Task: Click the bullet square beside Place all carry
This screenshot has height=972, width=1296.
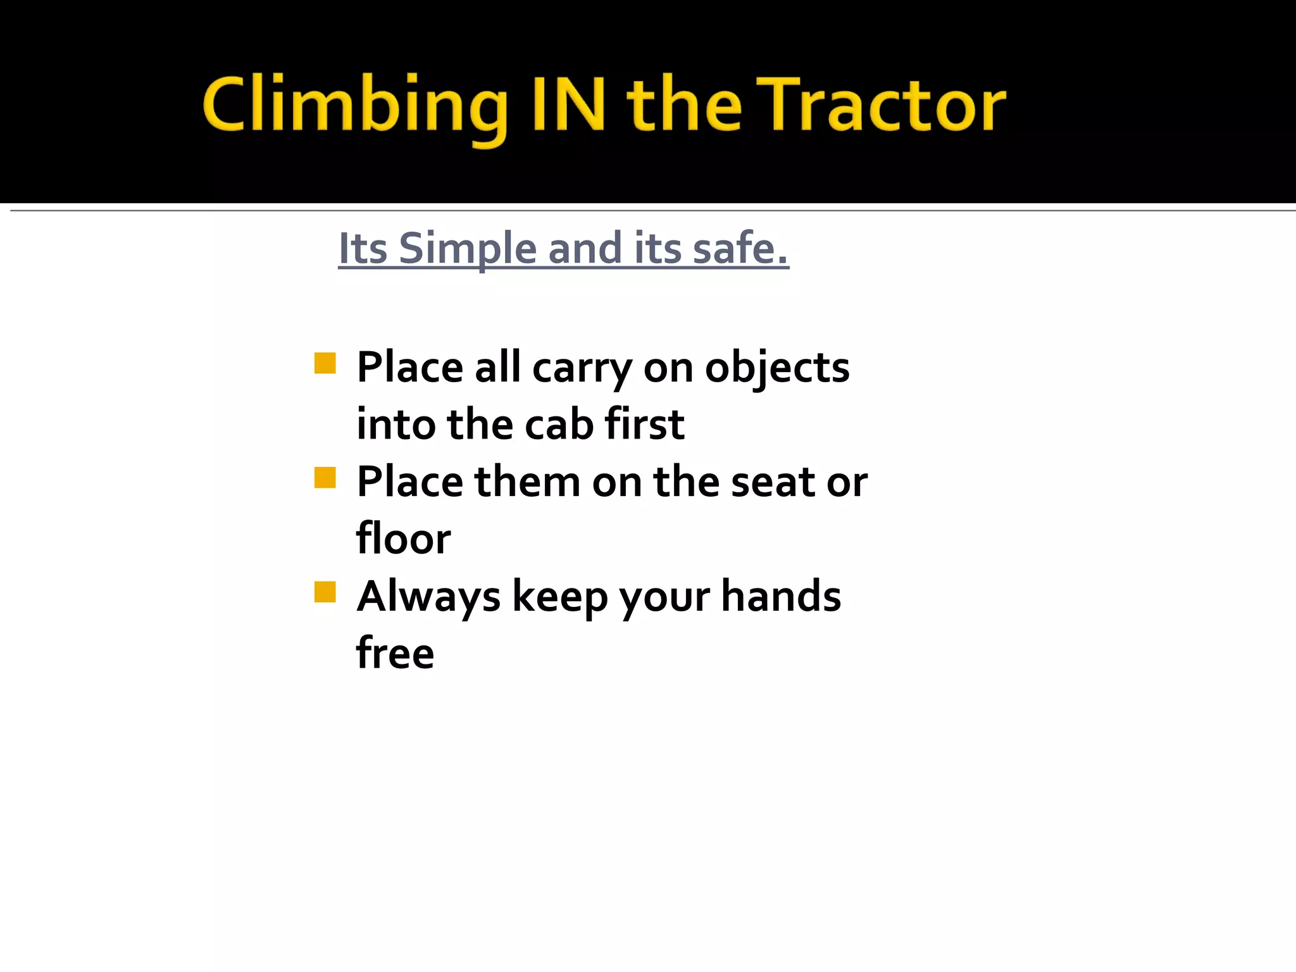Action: point(325,363)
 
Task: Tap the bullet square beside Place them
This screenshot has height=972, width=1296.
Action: point(325,478)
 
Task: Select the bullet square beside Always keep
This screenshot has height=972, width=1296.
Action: point(325,592)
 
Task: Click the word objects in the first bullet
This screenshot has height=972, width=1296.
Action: point(777,368)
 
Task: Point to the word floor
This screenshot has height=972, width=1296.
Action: point(404,539)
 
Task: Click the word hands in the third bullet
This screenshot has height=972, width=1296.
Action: point(781,596)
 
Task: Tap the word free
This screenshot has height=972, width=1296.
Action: point(396,653)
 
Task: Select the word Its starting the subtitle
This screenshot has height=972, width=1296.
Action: point(363,249)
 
